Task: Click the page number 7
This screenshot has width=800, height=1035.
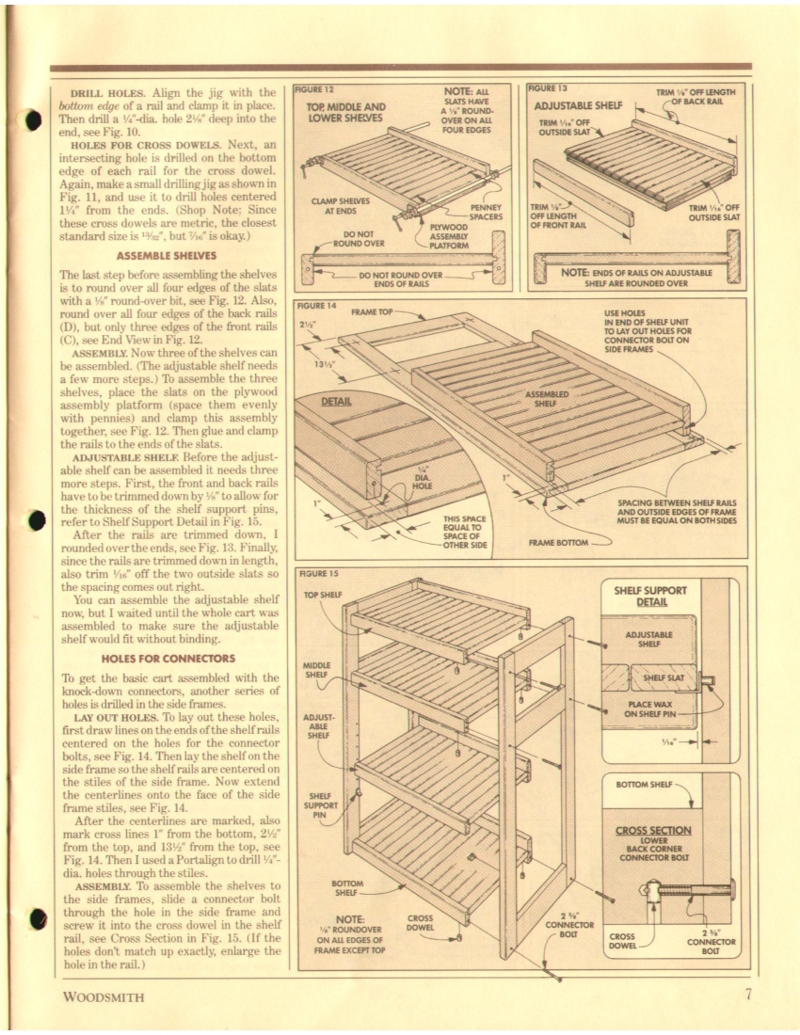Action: point(747,995)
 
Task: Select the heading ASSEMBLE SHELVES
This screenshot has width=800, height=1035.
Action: point(168,254)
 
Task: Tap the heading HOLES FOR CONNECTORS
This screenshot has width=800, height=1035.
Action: point(168,657)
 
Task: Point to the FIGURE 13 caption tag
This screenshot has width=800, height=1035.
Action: point(548,88)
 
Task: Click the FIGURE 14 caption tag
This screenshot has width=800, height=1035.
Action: point(316,306)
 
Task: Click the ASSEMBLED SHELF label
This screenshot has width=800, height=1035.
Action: point(548,398)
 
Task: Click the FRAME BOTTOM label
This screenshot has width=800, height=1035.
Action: point(558,542)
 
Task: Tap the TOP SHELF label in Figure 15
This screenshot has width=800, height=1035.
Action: point(322,595)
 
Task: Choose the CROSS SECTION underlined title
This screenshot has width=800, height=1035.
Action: point(653,830)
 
